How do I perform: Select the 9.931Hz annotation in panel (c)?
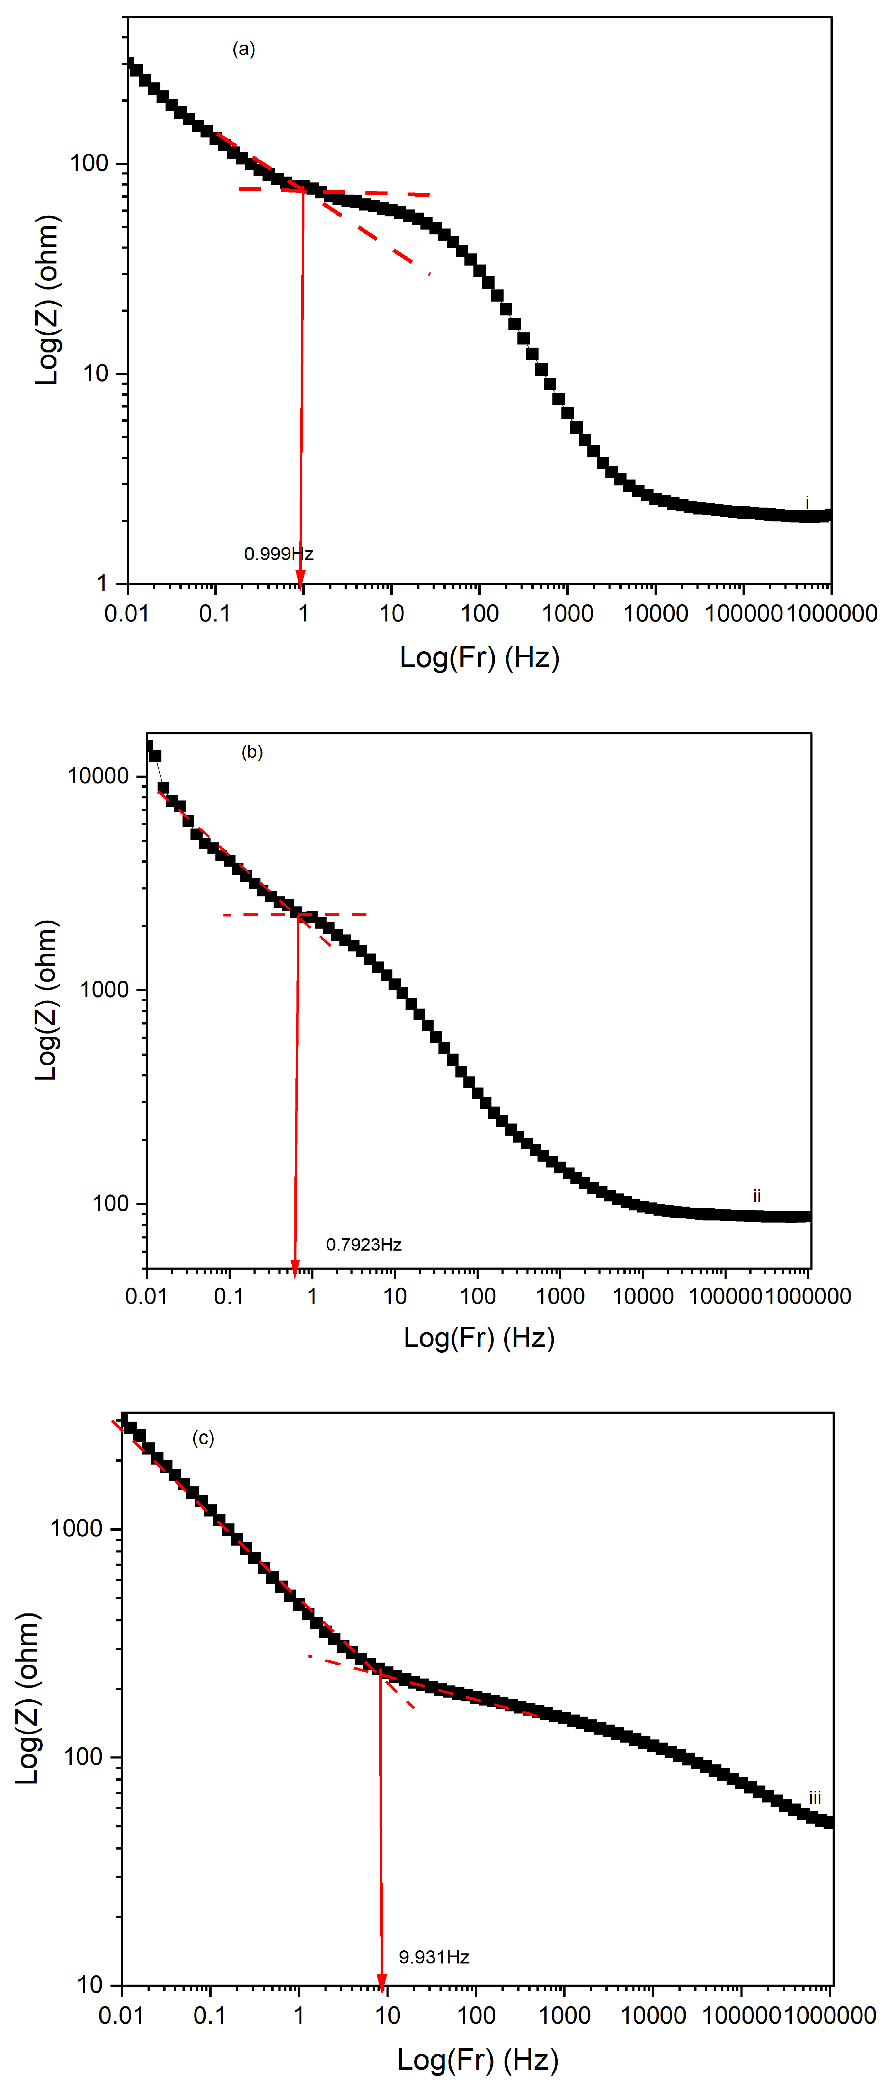coord(434,1957)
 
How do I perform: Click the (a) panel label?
coord(244,50)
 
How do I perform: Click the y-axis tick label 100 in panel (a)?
coord(89,163)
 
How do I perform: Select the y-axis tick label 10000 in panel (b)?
coord(98,776)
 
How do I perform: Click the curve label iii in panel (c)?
coord(814,1798)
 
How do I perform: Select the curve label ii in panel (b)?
coord(757,1196)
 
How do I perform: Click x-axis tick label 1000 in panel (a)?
coord(567,614)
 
